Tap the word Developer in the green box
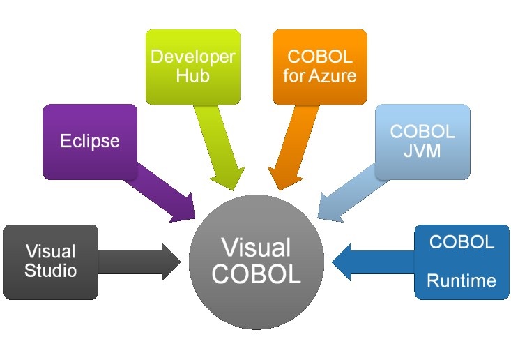pos(192,57)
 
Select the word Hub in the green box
pos(192,75)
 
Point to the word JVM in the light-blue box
pos(422,150)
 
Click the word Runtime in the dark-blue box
pos(462,281)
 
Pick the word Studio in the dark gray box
pos(50,270)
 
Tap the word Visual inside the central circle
pos(256,248)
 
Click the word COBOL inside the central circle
pos(256,274)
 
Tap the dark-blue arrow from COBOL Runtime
pos(369,262)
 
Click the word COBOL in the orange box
pos(319,57)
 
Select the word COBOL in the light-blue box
pos(422,132)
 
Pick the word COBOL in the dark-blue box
pos(462,243)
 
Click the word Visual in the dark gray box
pos(50,251)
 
